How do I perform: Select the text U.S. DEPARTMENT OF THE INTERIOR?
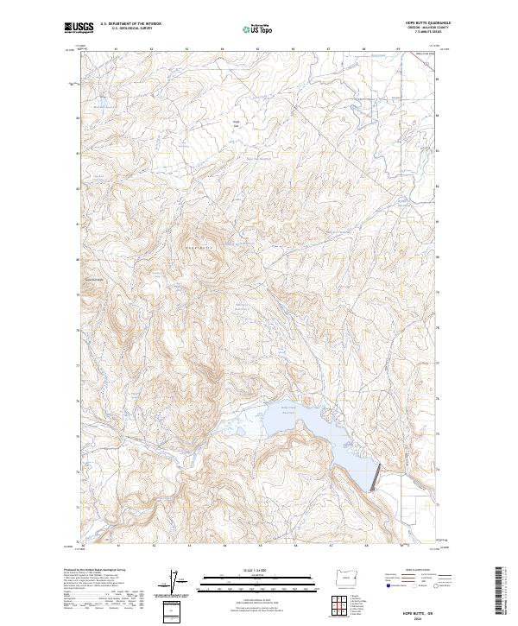point(130,24)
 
